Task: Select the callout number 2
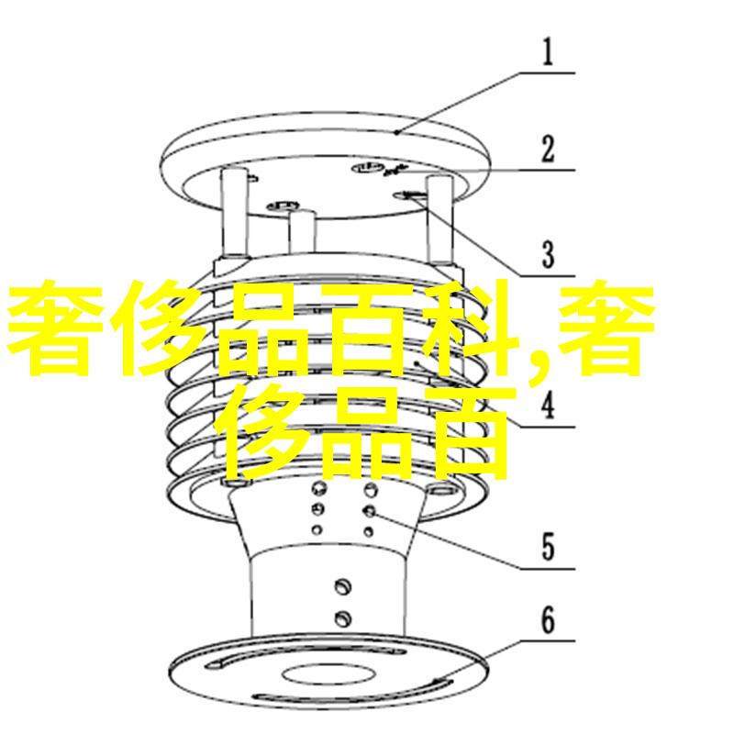pyautogui.click(x=548, y=149)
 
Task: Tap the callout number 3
pyautogui.click(x=548, y=253)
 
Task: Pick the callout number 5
pyautogui.click(x=548, y=548)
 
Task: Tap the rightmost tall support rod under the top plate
pyautogui.click(x=440, y=216)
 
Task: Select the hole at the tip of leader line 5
pyautogui.click(x=369, y=510)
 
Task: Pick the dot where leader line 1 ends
pyautogui.click(x=397, y=133)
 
